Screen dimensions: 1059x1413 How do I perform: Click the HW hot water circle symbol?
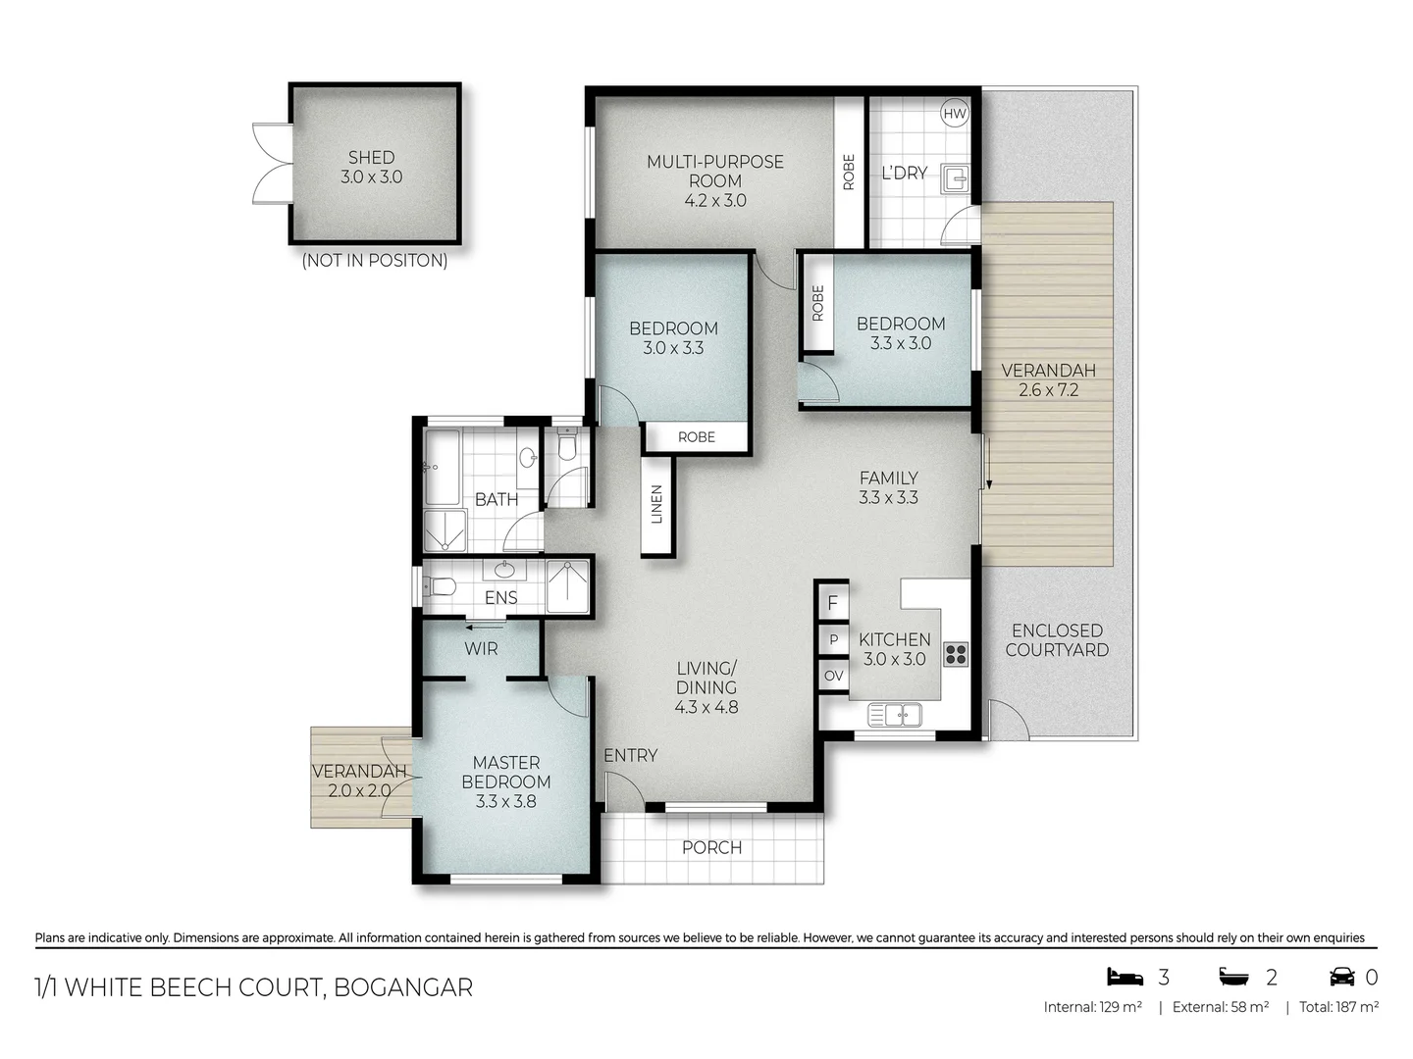pos(954,114)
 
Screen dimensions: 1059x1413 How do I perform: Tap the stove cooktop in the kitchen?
pos(955,654)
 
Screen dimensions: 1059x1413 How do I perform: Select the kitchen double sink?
pos(894,715)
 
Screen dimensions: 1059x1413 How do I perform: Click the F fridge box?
pos(833,603)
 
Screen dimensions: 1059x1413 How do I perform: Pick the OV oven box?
pos(833,676)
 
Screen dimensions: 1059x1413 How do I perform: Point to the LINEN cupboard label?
pos(657,504)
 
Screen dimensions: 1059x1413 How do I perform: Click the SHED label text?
pos(371,157)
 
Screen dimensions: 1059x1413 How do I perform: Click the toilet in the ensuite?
pos(439,587)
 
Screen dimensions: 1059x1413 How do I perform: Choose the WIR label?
pos(481,649)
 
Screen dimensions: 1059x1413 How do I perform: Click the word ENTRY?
pos(630,755)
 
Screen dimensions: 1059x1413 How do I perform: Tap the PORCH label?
pos(711,847)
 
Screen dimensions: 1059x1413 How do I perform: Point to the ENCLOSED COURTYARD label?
pos(1057,640)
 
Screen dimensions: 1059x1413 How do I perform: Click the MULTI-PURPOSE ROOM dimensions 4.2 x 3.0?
pos(715,200)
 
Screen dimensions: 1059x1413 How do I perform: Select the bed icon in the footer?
pos(1125,977)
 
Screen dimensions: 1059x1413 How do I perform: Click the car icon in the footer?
pos(1342,977)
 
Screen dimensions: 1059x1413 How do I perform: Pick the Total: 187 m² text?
pos(1338,1007)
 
